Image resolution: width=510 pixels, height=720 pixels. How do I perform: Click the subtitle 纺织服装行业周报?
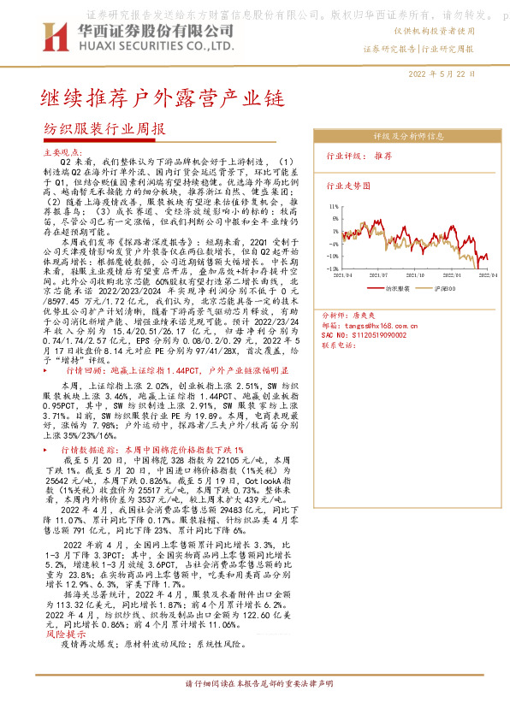[104, 129]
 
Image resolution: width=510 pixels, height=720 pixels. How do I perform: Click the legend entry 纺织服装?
[395, 290]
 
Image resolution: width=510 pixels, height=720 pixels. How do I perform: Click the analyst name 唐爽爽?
[377, 316]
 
